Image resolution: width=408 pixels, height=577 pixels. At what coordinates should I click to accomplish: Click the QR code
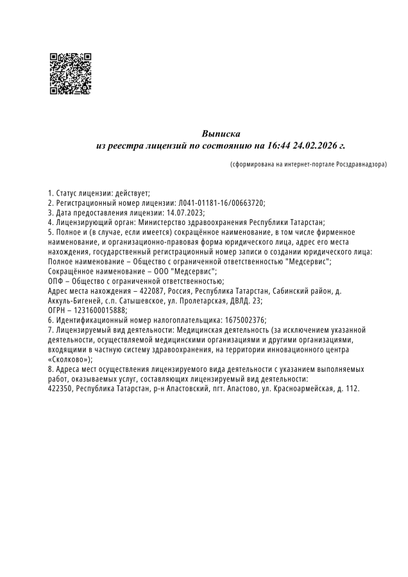click(70, 74)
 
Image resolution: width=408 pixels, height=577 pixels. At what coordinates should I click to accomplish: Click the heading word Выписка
click(221, 134)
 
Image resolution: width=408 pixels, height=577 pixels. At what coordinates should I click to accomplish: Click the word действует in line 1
click(132, 193)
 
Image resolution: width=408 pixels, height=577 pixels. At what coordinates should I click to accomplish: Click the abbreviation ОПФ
click(57, 281)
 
